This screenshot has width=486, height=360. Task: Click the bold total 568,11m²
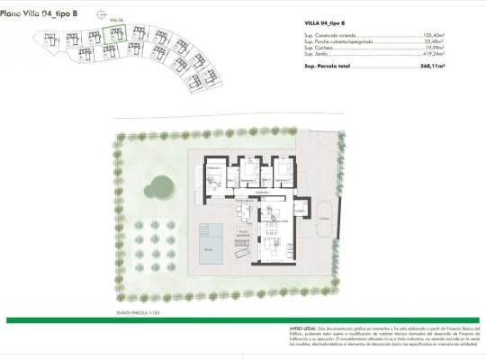click(x=432, y=67)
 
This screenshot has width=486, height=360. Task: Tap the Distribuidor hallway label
click(x=264, y=192)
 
